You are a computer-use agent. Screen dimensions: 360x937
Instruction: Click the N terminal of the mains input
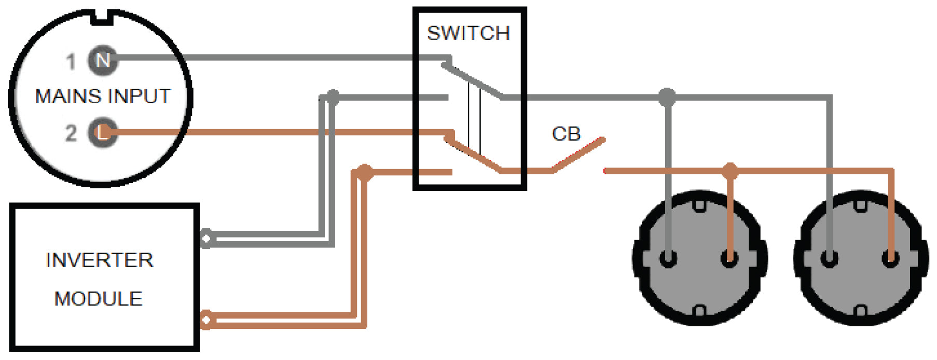[x=102, y=60]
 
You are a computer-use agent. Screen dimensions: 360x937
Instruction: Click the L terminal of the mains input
[x=102, y=133]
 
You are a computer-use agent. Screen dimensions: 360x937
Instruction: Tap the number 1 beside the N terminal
[x=71, y=62]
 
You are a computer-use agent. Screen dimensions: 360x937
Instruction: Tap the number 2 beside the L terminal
[x=71, y=133]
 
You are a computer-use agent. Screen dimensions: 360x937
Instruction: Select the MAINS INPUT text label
[x=103, y=96]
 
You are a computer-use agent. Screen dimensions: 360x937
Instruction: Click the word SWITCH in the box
[x=469, y=33]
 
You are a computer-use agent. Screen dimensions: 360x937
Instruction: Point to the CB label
[x=566, y=134]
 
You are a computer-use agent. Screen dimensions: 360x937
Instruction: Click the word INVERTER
[x=100, y=260]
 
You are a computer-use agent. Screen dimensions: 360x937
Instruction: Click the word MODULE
[x=99, y=299]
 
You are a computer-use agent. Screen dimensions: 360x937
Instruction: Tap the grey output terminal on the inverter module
[x=206, y=239]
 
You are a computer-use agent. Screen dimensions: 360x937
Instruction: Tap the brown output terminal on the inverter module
[x=206, y=320]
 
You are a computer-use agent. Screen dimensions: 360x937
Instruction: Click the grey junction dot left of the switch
[x=333, y=96]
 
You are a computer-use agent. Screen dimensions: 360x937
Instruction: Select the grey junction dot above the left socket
[x=667, y=96]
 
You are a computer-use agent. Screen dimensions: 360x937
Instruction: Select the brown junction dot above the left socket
[x=731, y=170]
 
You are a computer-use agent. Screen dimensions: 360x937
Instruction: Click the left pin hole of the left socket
[x=668, y=258]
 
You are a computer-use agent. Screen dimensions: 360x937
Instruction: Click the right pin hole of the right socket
[x=891, y=258]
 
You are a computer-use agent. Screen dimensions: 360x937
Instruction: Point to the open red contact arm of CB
[x=578, y=154]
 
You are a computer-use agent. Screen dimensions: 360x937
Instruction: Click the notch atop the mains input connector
[x=102, y=17]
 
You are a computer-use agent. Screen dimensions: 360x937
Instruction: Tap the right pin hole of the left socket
[x=730, y=258]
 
